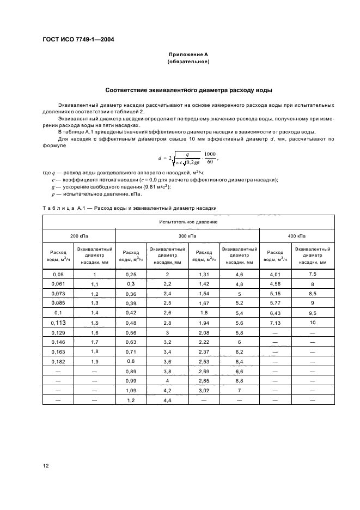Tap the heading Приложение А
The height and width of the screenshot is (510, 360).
click(x=188, y=55)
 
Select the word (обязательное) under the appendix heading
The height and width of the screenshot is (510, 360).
click(x=188, y=62)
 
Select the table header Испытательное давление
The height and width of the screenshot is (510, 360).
click(x=188, y=222)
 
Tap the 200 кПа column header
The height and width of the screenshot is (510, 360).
click(x=79, y=236)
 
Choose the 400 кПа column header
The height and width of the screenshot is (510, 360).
click(x=297, y=236)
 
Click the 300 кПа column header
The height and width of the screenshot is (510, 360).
click(x=188, y=236)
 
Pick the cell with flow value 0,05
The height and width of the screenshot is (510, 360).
click(x=58, y=274)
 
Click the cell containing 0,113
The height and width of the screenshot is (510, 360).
click(x=58, y=323)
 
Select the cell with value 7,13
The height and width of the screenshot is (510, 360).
click(x=276, y=323)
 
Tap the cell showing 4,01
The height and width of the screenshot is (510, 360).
click(x=276, y=274)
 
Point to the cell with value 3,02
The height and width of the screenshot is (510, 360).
click(x=204, y=390)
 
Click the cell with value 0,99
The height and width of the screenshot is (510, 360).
click(x=131, y=380)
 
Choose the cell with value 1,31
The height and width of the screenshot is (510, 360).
click(x=204, y=274)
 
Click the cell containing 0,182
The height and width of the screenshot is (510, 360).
click(x=58, y=361)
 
